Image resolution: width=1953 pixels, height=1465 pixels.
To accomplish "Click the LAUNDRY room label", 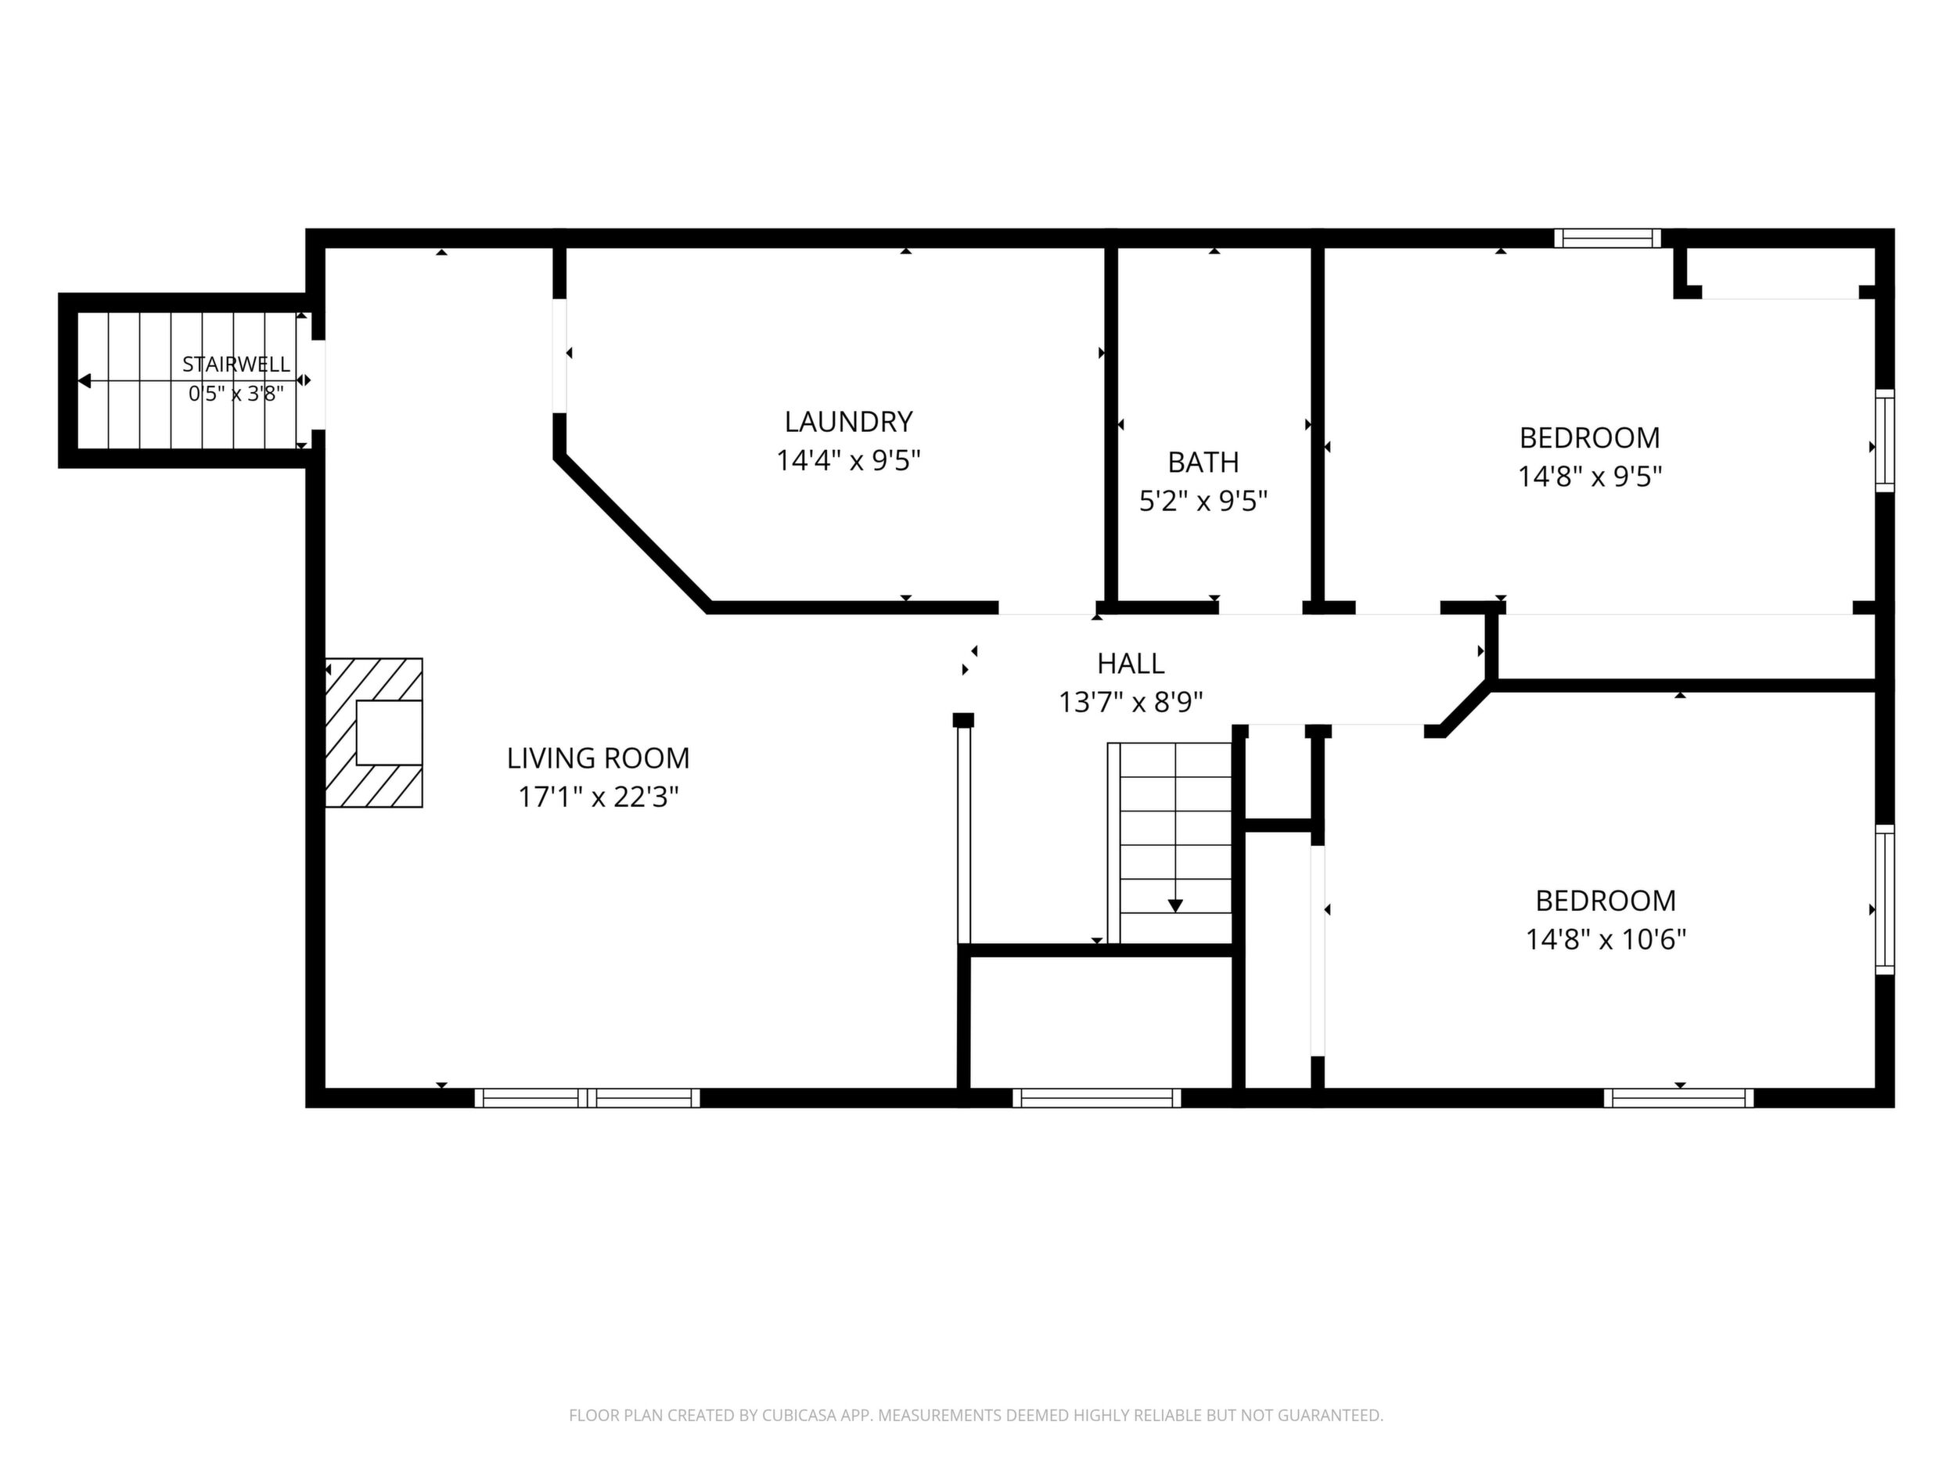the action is [847, 422].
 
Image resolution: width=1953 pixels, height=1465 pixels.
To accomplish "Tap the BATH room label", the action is [1203, 462].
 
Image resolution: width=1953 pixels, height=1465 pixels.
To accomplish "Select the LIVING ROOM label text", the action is [598, 758].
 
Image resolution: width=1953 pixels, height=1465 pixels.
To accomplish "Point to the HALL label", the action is [1130, 662].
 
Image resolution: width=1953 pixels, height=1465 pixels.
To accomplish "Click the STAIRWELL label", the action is [236, 364].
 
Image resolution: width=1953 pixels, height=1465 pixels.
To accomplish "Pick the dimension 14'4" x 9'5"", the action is [847, 461].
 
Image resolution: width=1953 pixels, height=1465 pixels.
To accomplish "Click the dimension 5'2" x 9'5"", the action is [1203, 502].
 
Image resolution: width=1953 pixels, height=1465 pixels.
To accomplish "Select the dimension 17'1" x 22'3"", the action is [598, 797].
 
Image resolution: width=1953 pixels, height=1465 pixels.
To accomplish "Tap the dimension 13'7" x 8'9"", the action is [1130, 702].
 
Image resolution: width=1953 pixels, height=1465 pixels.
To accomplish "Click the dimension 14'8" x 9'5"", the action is [1589, 477].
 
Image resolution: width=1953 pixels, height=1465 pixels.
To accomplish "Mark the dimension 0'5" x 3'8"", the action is [236, 394].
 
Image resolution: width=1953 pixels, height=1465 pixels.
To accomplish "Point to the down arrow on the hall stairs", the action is [1175, 905].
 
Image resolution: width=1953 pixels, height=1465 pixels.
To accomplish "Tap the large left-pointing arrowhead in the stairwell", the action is [85, 380].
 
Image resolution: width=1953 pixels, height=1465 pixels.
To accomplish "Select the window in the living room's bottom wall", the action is [587, 1098].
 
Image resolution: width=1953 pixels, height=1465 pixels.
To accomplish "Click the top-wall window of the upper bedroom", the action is [1607, 239].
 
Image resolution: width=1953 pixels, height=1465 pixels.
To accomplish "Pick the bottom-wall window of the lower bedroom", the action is [1678, 1098].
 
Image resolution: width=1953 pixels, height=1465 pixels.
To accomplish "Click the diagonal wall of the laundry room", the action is [632, 531].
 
